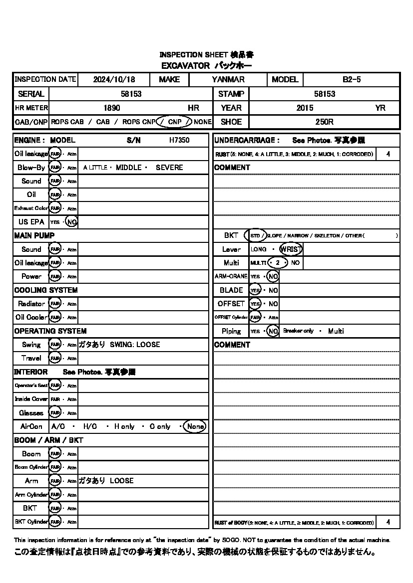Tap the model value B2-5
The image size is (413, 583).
tap(352, 79)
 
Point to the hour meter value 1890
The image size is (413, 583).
tap(111, 108)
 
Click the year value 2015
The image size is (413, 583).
tap(305, 108)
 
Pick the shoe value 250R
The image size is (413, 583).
tap(324, 122)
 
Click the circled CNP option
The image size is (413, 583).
tap(174, 122)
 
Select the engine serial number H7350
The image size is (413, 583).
tap(179, 141)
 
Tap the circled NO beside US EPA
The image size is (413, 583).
tap(72, 222)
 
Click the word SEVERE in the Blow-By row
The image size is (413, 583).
tap(169, 168)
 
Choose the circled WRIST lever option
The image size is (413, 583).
tap(291, 249)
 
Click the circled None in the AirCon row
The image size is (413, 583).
tap(195, 426)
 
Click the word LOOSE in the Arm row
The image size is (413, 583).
tap(122, 481)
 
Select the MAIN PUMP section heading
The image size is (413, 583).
tap(34, 235)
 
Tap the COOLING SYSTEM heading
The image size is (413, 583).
tap(46, 290)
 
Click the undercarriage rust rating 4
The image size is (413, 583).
tap(389, 154)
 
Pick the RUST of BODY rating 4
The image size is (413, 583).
tap(389, 523)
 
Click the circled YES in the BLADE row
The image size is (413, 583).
tap(255, 290)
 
